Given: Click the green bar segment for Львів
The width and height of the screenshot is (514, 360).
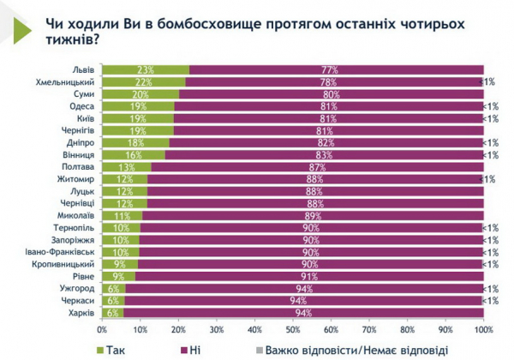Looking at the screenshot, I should tap(146, 69).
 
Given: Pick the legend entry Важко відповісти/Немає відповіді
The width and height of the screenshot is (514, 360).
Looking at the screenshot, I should tap(338, 348).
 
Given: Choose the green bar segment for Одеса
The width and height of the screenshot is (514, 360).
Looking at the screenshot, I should tap(138, 106).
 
